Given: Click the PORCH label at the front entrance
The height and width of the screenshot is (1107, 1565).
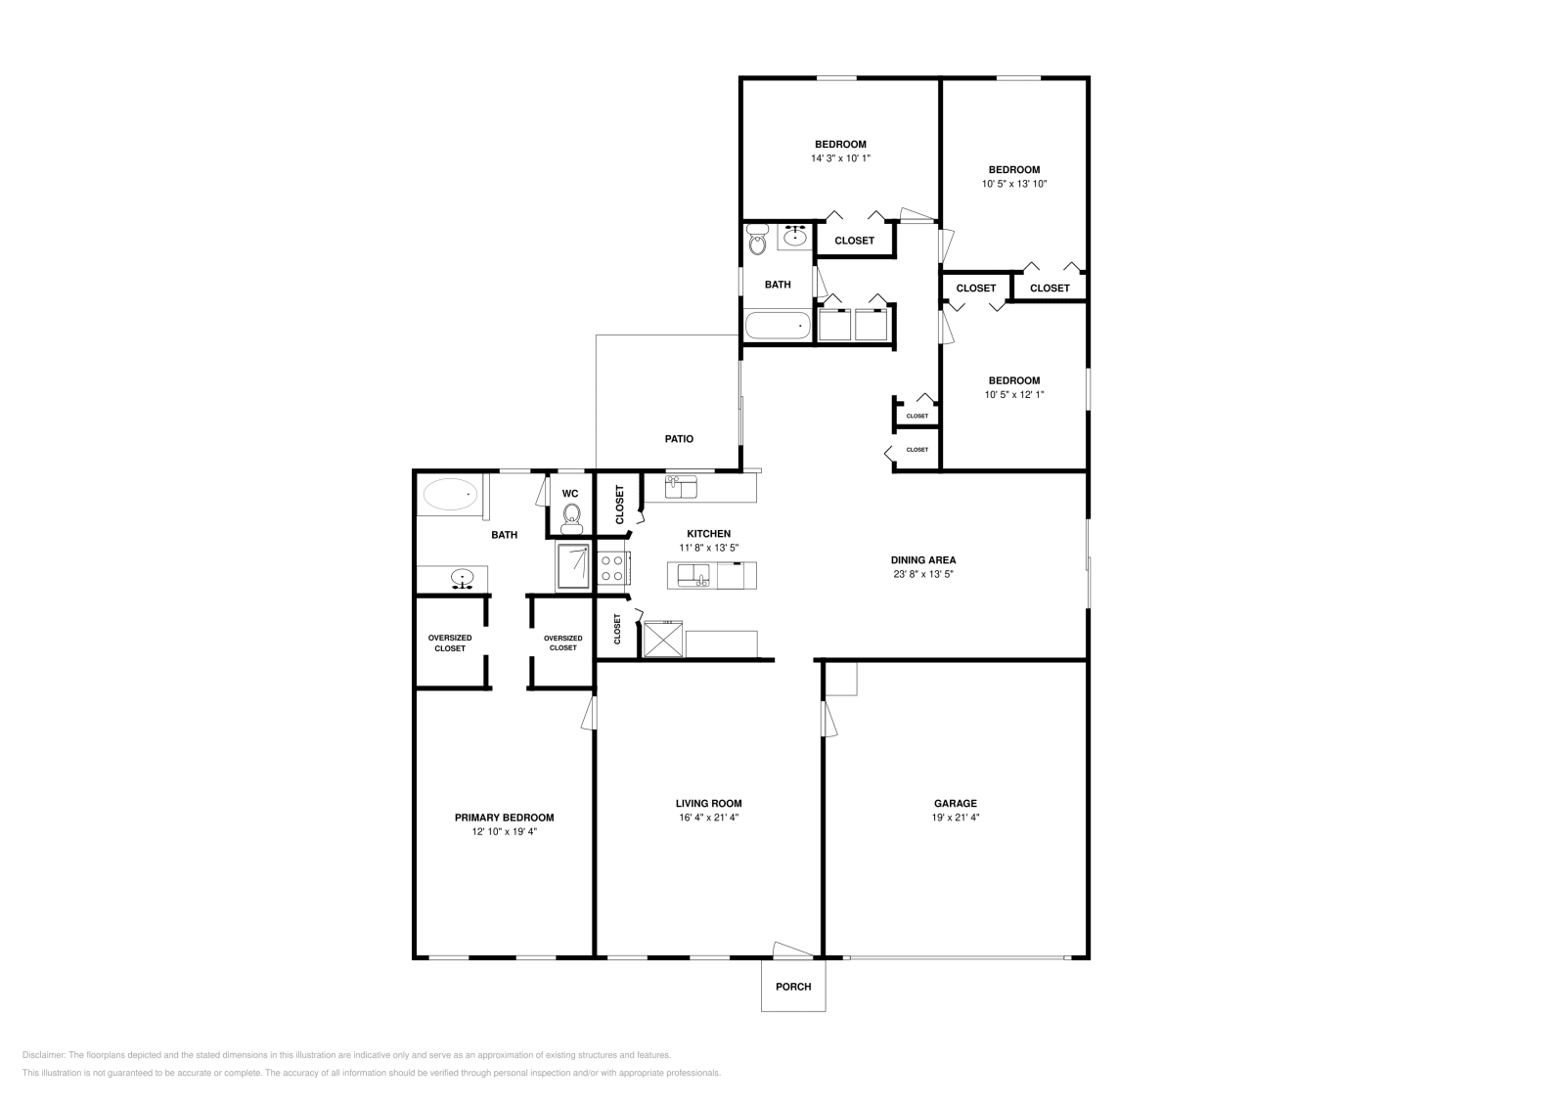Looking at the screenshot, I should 793,987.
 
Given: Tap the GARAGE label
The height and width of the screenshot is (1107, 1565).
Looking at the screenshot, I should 955,804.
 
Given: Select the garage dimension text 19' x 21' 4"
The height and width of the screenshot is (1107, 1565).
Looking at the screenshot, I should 955,818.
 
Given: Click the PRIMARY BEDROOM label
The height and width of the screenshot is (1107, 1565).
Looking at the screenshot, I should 504,818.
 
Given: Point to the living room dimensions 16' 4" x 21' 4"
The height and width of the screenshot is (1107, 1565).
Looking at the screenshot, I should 708,818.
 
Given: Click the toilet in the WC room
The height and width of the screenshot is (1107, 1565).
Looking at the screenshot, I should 572,514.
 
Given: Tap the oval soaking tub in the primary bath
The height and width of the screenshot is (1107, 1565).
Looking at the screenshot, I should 450,495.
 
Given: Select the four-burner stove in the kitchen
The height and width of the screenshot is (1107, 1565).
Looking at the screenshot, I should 612,568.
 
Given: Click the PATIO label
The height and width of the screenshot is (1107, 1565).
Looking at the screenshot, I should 679,439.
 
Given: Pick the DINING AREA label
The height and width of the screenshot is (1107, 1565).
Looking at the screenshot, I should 923,560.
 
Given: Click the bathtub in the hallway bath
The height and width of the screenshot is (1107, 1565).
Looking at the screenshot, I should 778,326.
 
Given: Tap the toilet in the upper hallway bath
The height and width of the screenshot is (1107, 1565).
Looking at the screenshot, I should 757,241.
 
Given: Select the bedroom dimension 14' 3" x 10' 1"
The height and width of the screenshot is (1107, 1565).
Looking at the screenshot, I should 840,158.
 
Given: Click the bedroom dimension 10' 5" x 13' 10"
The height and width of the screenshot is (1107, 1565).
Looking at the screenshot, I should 1014,184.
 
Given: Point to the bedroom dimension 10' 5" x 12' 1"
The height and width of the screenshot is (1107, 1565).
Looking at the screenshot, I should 1014,395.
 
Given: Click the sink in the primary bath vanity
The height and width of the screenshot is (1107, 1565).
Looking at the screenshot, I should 463,579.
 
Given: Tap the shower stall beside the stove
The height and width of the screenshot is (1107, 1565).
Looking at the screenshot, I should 574,567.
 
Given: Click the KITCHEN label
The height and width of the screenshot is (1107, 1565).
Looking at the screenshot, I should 708,534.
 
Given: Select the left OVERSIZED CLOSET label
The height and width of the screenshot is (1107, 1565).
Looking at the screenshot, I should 450,642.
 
